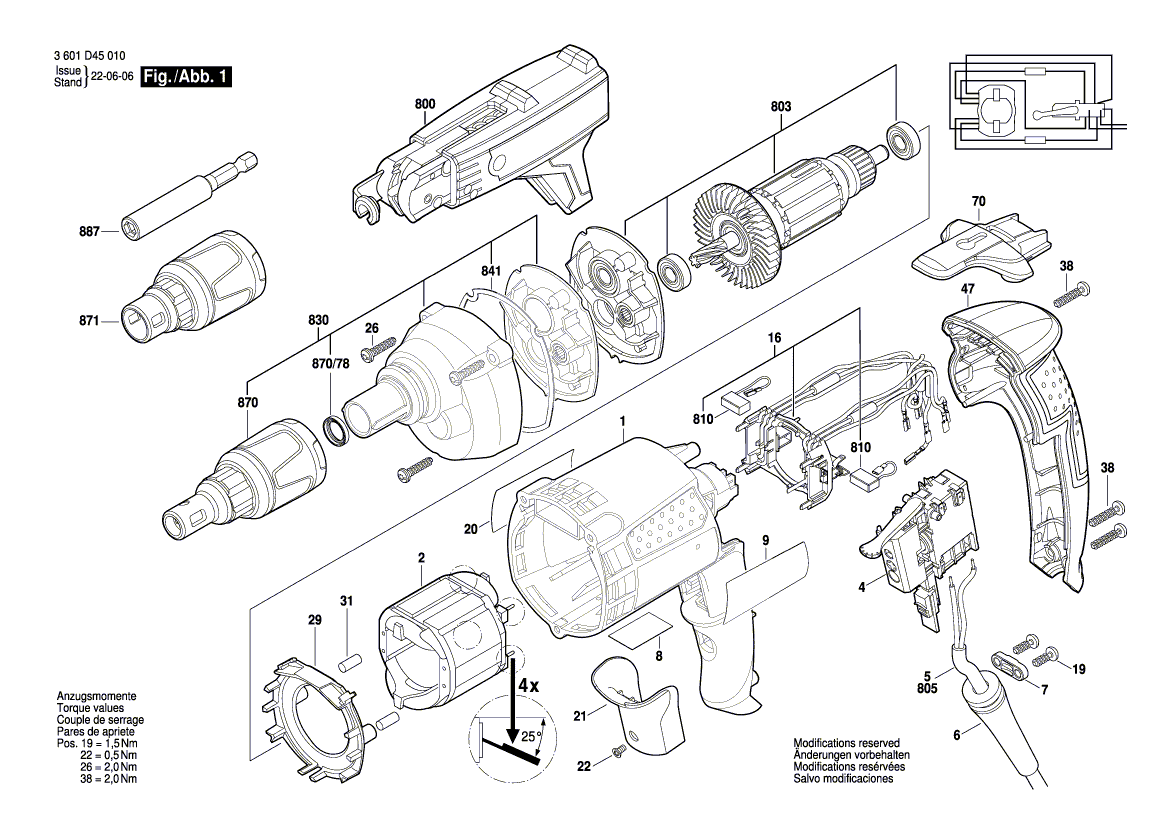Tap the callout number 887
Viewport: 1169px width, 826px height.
(89, 232)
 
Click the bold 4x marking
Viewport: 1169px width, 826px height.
(528, 687)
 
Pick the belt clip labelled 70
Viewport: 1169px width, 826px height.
(977, 245)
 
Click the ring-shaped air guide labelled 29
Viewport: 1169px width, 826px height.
(305, 699)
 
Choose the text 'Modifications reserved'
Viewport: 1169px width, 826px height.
(846, 744)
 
